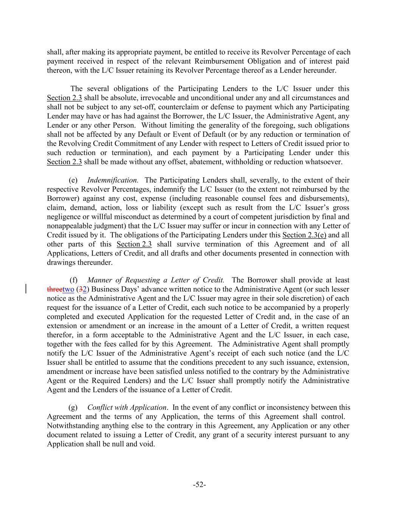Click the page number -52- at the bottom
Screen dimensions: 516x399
[199, 485]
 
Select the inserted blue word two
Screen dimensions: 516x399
[68, 290]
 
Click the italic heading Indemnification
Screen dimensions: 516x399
[112, 180]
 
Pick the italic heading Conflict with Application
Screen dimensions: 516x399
[127, 408]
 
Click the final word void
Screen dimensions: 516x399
[148, 444]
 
